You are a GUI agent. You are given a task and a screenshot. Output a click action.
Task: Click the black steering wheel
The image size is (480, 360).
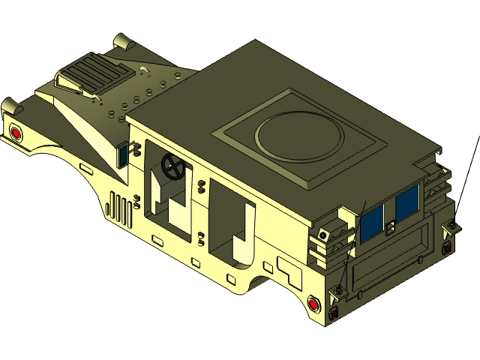tap(173, 167)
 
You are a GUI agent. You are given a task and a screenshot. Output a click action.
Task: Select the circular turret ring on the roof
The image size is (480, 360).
tap(299, 136)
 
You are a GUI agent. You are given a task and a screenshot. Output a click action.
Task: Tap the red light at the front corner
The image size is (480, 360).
tap(15, 133)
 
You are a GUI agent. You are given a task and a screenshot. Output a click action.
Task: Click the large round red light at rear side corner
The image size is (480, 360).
tap(314, 304)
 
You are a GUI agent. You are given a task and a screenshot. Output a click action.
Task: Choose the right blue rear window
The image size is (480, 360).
tap(407, 202)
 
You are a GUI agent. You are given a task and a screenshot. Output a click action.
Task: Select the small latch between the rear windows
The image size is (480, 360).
tap(390, 226)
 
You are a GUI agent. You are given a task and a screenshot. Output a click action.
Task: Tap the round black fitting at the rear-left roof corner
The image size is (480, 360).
tap(322, 235)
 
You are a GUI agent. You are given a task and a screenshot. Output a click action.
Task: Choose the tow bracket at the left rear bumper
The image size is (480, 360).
tap(340, 289)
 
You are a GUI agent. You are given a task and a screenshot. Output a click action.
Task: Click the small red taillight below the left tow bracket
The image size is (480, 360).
tap(334, 308)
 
